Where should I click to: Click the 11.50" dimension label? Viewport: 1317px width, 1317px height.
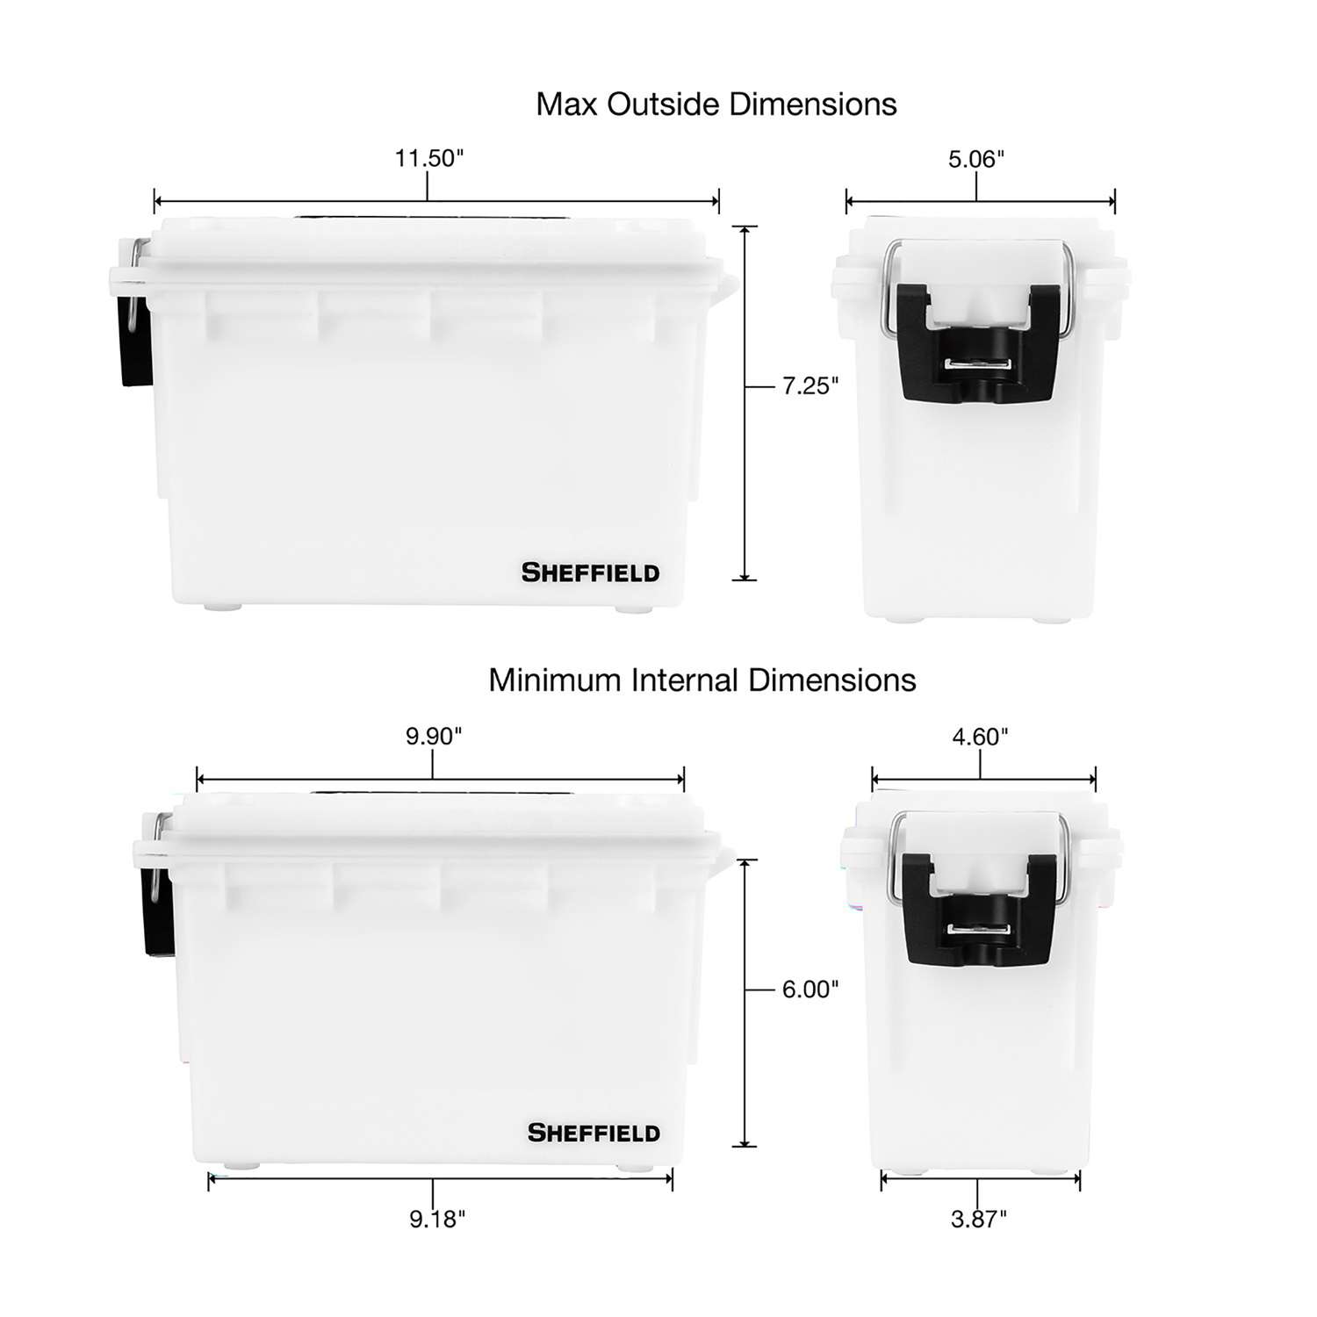pos(428,159)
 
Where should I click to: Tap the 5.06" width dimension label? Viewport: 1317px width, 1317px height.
pos(975,160)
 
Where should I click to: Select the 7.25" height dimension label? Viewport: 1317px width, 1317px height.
pos(810,385)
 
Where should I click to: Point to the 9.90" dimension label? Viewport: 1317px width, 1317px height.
pos(433,736)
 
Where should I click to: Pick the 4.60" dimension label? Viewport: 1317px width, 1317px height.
pos(980,737)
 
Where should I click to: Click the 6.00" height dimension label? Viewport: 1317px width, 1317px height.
pos(810,990)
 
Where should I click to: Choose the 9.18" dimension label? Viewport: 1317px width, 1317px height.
pos(437,1219)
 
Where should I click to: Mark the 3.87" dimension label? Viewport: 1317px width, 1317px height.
pos(978,1219)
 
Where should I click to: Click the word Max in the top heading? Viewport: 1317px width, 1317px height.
pos(567,104)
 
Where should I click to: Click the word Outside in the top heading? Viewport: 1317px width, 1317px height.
pos(664,104)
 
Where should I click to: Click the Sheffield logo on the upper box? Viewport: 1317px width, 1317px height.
pos(590,573)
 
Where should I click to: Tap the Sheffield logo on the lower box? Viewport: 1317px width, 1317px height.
pos(594,1133)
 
